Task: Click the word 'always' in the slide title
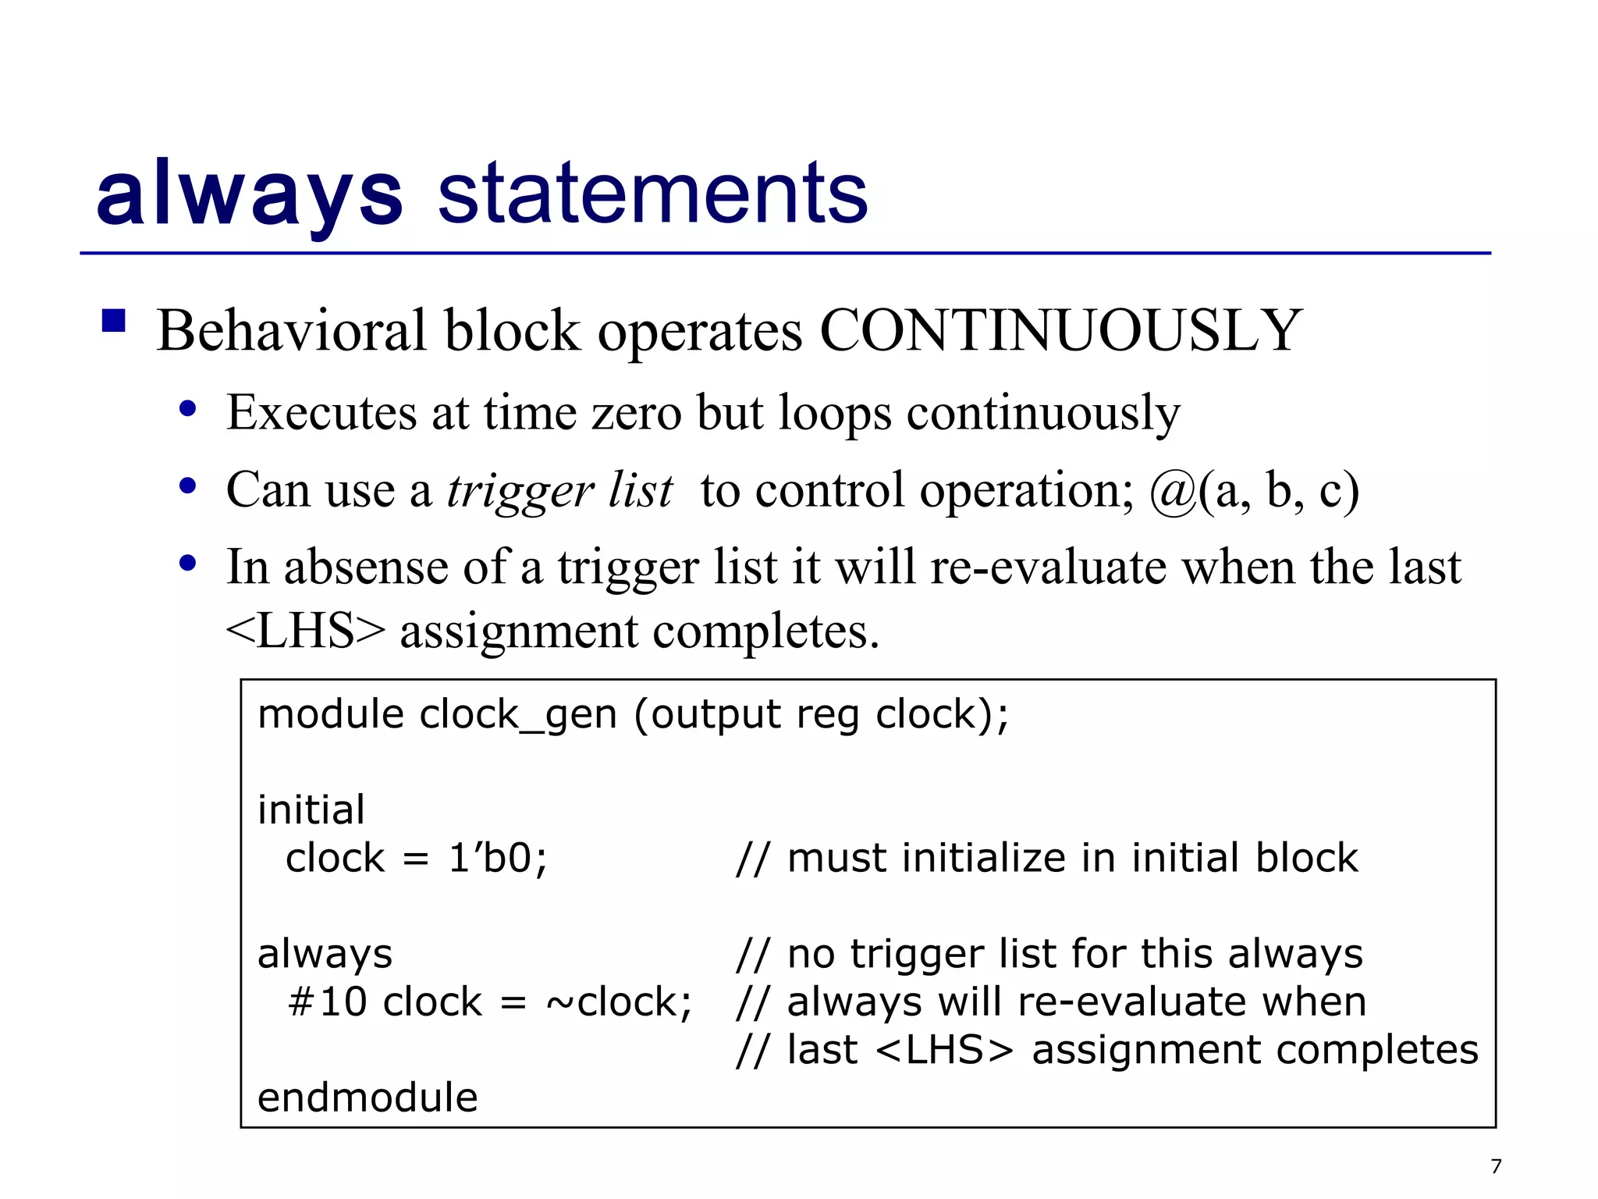(249, 194)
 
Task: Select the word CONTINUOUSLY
(1060, 331)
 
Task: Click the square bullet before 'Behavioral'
(114, 321)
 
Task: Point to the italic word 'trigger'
(520, 492)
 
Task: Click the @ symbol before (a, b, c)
(1173, 492)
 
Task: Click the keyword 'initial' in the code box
(311, 809)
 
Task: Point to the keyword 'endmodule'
(368, 1098)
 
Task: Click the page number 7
(1496, 1166)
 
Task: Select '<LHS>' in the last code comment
(944, 1050)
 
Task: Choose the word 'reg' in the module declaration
(827, 715)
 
